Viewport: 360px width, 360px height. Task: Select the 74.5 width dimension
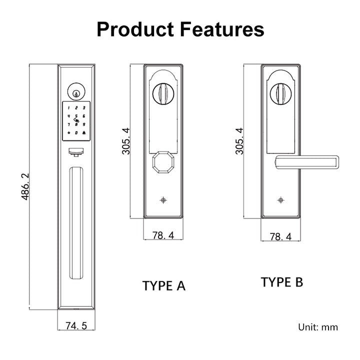[x=76, y=326]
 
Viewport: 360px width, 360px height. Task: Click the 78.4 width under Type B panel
[x=280, y=236]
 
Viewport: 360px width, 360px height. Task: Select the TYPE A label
[x=163, y=286]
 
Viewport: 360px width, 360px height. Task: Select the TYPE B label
[x=281, y=282]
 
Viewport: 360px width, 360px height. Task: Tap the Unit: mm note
[x=318, y=327]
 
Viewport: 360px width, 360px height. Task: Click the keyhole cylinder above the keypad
[x=76, y=92]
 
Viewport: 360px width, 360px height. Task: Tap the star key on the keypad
[x=68, y=132]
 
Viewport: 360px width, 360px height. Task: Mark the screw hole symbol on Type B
[x=280, y=200]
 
